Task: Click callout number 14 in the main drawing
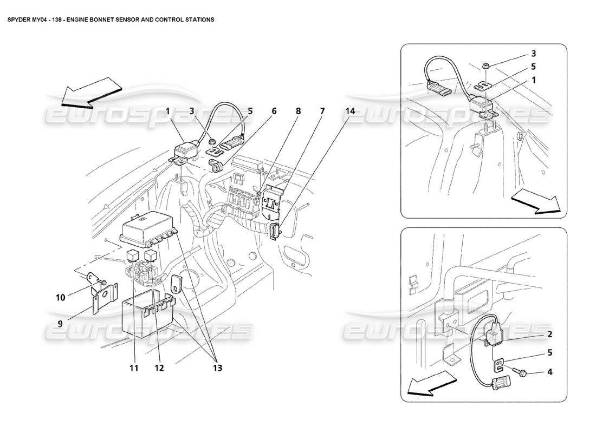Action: (x=351, y=111)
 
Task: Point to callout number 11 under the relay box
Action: (x=134, y=368)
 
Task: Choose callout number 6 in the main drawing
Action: (x=274, y=111)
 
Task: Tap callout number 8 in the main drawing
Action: (x=298, y=111)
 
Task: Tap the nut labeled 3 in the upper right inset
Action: (x=485, y=66)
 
